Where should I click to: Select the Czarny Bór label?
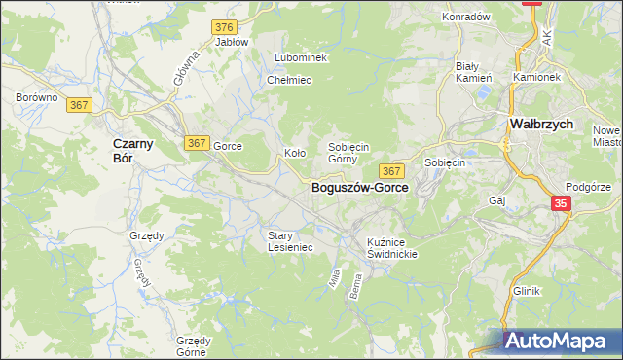click(123, 151)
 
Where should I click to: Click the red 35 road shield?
click(562, 203)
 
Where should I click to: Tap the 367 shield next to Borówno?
click(81, 105)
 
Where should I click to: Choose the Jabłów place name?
click(232, 42)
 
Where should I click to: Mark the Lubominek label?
click(301, 57)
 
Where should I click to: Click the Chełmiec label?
click(288, 80)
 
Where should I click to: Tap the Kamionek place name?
click(536, 76)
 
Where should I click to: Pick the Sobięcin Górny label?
click(348, 152)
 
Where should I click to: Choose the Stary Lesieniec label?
click(290, 240)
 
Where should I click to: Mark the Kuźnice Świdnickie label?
click(392, 247)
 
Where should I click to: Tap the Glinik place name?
click(527, 291)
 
